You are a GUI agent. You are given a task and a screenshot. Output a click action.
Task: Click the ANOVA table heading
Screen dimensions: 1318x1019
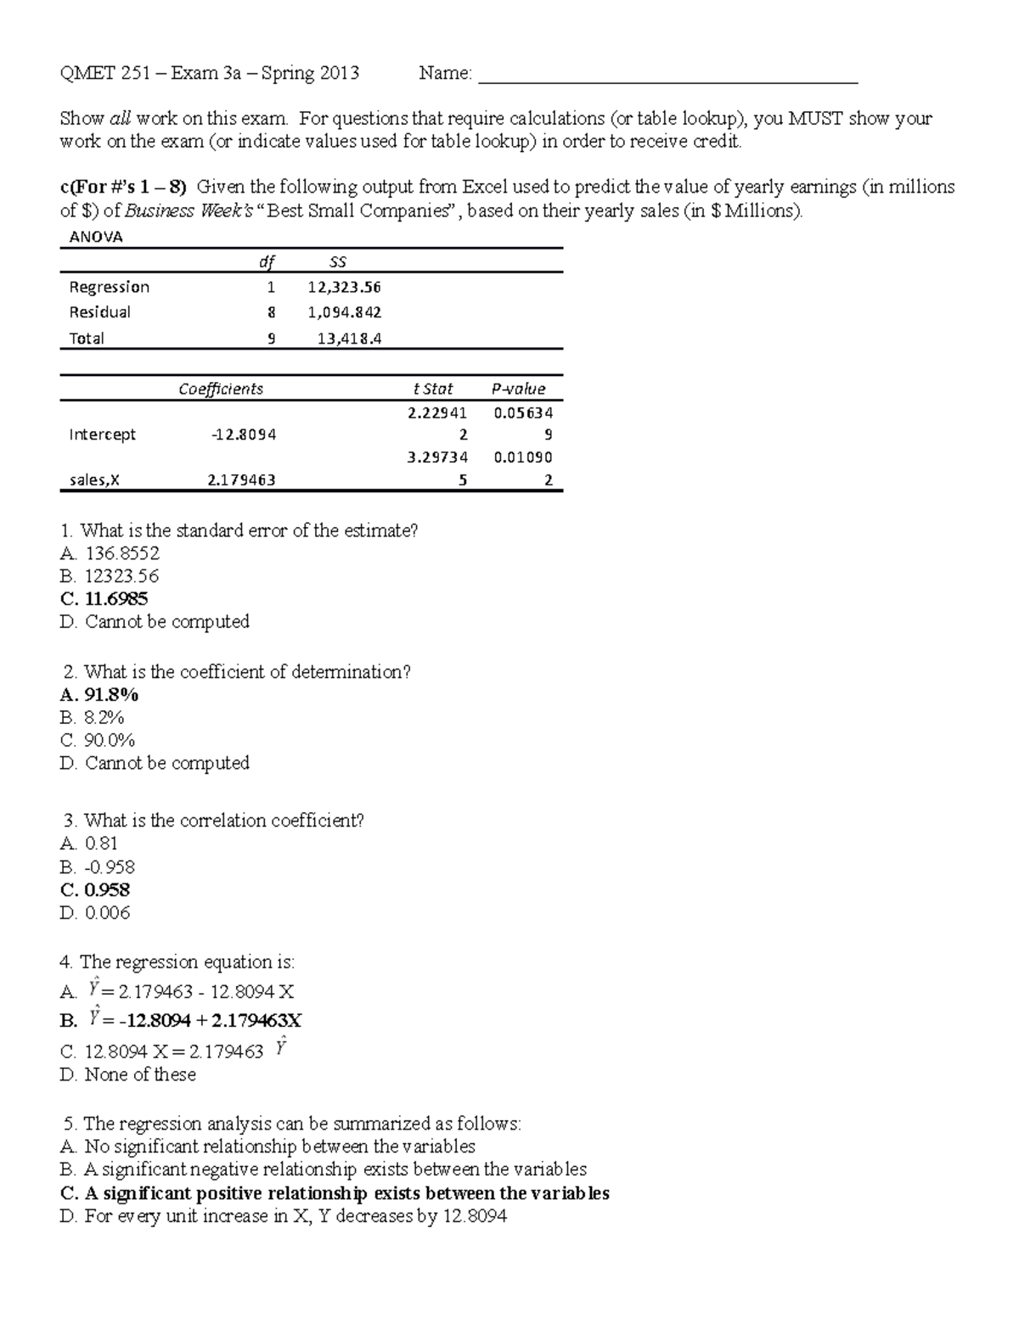pos(96,237)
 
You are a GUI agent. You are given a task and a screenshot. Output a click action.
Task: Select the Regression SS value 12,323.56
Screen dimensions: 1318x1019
pos(344,288)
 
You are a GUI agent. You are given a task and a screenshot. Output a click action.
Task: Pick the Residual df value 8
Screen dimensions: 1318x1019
pos(271,312)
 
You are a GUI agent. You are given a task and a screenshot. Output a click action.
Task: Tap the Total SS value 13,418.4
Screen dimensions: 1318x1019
pos(349,339)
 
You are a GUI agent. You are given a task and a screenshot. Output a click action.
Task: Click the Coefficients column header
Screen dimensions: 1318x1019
pos(221,389)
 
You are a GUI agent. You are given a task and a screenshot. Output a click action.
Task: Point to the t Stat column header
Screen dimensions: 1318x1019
pos(433,389)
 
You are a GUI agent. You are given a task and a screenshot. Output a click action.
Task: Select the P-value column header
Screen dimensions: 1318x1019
pos(518,389)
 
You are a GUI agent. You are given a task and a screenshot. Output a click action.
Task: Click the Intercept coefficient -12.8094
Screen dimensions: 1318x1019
pos(244,435)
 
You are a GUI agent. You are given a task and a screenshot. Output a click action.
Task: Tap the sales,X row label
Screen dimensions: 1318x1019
pos(94,480)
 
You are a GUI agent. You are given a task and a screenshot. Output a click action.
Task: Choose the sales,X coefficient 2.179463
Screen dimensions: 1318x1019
pos(241,480)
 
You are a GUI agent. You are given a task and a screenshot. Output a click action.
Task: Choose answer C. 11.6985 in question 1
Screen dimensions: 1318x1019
pos(104,598)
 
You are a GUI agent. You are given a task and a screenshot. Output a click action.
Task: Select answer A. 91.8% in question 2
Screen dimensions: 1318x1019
pos(99,694)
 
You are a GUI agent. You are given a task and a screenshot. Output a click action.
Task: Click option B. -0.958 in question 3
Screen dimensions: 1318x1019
pos(98,867)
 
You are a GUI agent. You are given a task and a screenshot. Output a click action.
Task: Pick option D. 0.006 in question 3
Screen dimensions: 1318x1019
pos(95,912)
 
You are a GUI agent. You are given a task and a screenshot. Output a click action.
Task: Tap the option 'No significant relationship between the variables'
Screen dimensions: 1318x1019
pos(267,1146)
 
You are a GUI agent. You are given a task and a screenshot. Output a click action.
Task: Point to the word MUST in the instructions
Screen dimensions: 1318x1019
pos(816,119)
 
